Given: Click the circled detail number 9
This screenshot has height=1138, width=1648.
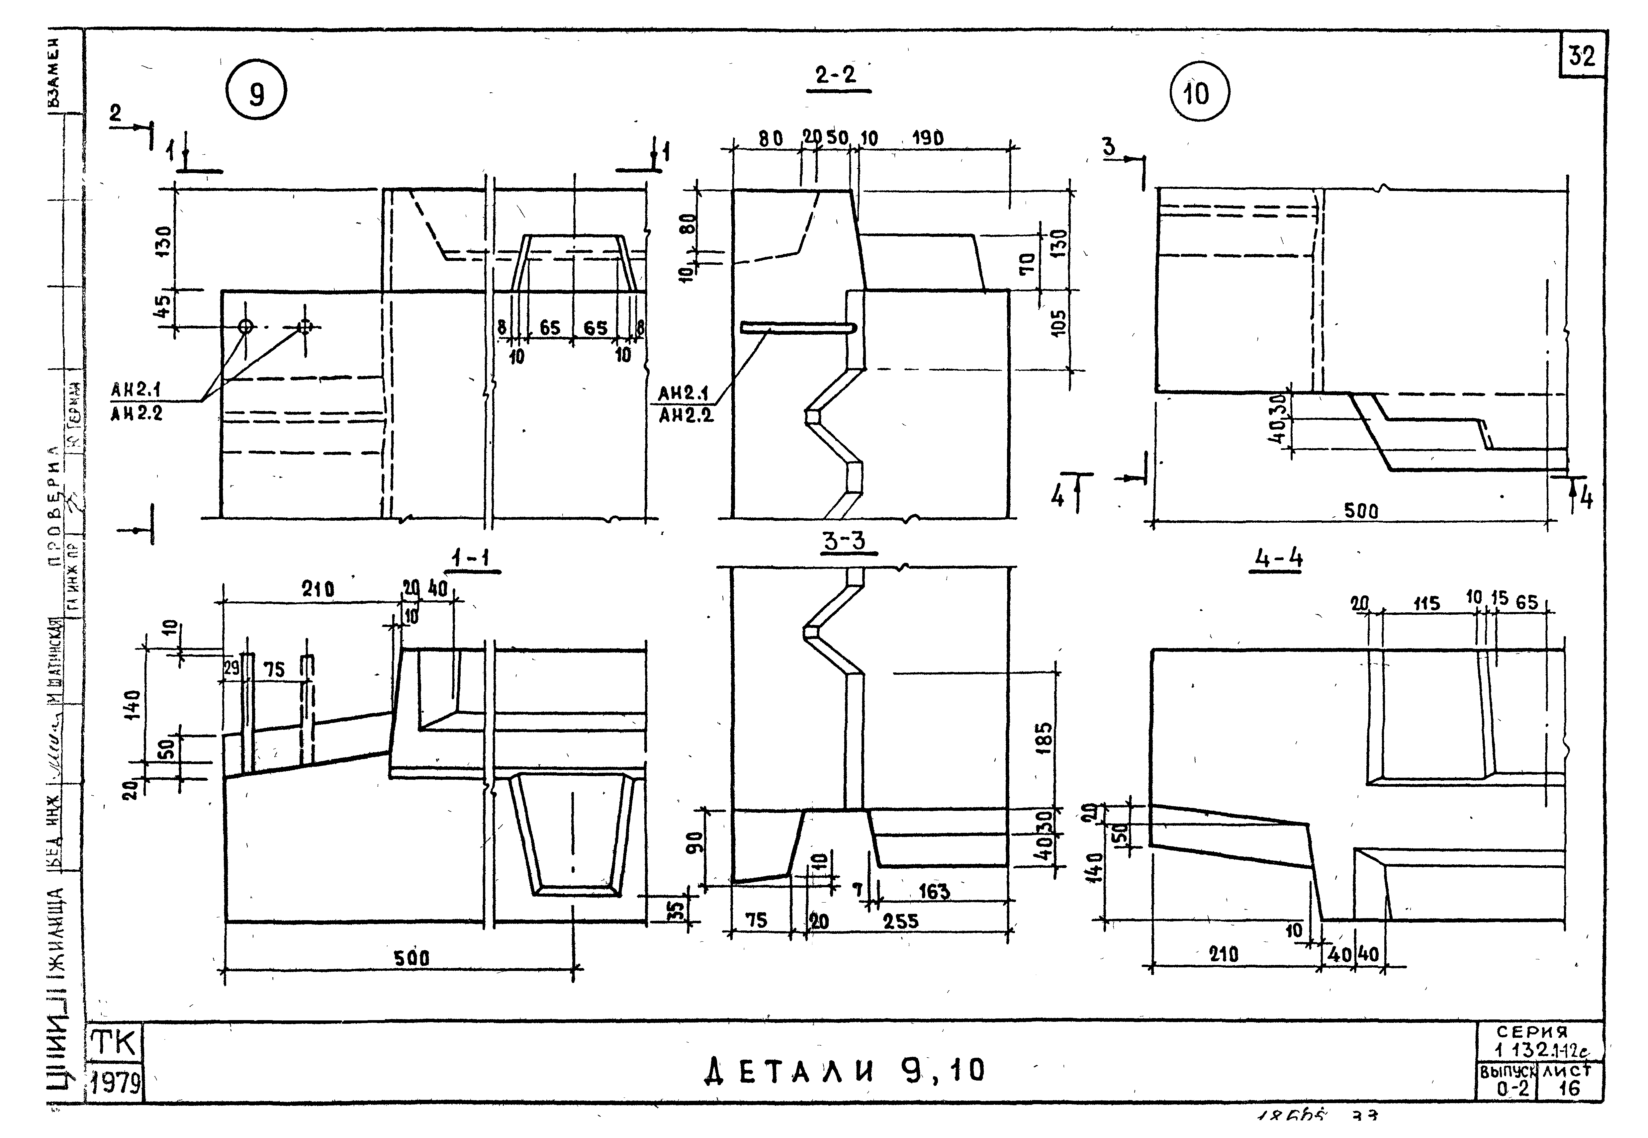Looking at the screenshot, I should (x=256, y=93).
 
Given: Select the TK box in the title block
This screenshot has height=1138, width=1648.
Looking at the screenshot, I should (x=114, y=1044).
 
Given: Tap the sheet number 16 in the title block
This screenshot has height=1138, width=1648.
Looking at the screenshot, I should (x=1570, y=1088).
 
